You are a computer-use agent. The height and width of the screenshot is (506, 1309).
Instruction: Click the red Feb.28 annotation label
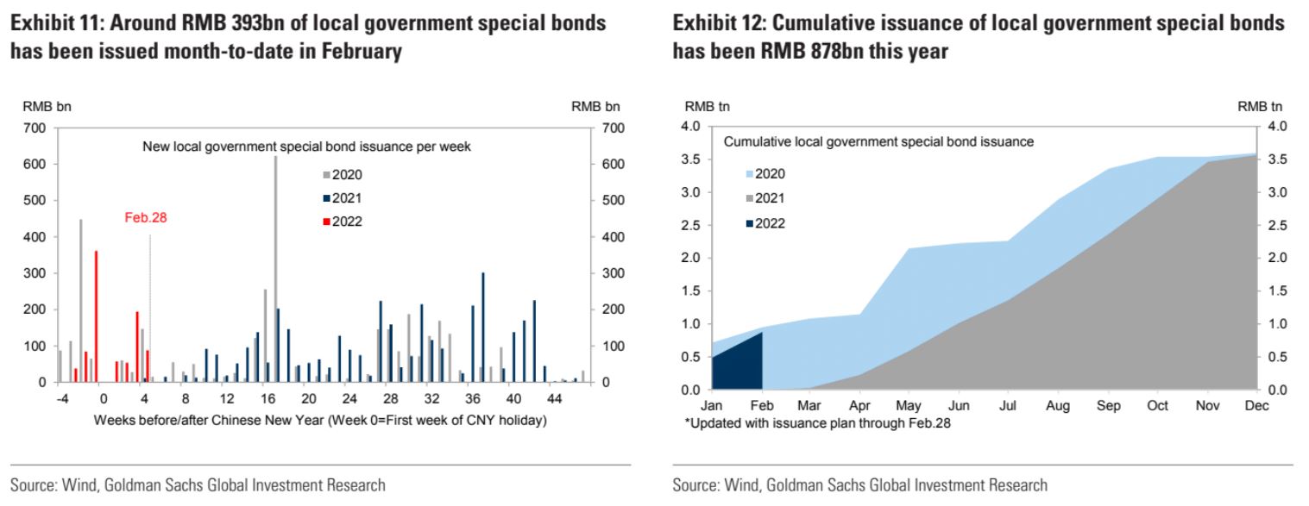pyautogui.click(x=145, y=218)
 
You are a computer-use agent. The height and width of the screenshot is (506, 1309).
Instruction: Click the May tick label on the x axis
pyautogui.click(x=909, y=406)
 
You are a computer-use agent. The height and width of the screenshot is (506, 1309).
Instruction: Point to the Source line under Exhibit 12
pyautogui.click(x=859, y=485)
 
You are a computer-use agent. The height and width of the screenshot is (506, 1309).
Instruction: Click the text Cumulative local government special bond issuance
pyautogui.click(x=878, y=142)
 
